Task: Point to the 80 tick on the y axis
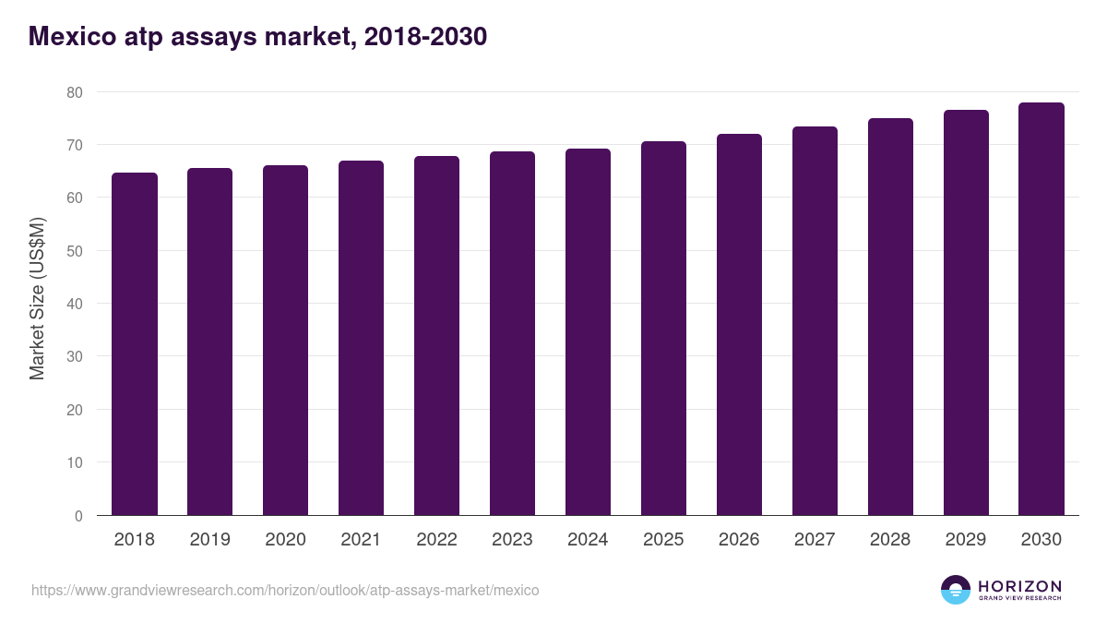tap(74, 92)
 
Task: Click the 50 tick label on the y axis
tap(74, 251)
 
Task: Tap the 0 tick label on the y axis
tap(78, 516)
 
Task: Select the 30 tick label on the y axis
tap(74, 357)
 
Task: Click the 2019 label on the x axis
tap(210, 540)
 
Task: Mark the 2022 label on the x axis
tap(436, 540)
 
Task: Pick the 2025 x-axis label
tap(663, 540)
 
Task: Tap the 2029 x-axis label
tap(966, 540)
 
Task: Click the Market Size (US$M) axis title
tap(37, 298)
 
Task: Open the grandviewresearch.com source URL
tap(285, 590)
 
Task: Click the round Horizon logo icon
tap(956, 590)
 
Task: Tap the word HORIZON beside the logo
tap(1019, 586)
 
